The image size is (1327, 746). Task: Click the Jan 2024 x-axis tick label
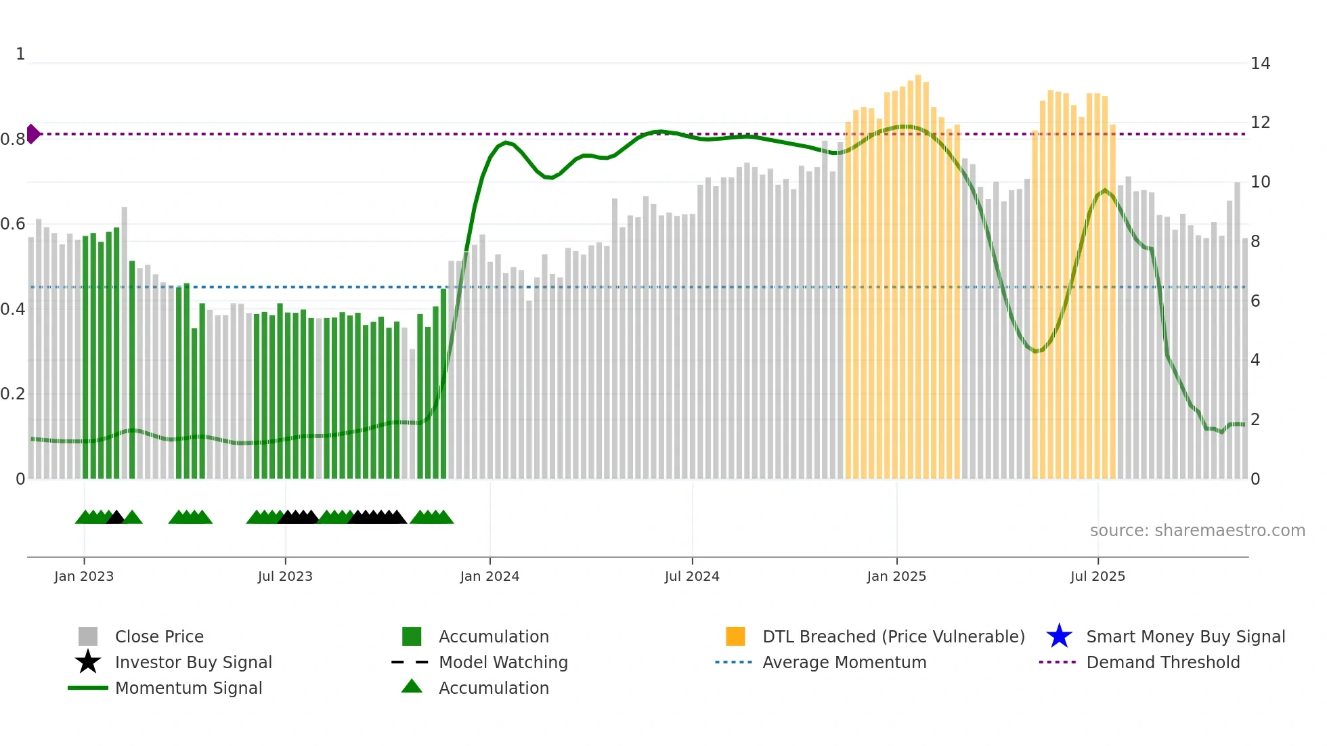(x=490, y=576)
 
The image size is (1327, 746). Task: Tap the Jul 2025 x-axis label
(x=1097, y=576)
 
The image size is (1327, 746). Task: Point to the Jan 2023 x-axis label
(x=84, y=576)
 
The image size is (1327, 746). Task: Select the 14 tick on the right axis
(x=1260, y=64)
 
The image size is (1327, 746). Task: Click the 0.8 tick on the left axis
(x=12, y=139)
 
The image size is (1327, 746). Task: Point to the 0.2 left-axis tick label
(x=12, y=394)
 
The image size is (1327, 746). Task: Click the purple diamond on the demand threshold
(x=32, y=134)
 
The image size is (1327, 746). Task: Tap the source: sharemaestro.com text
(x=1197, y=531)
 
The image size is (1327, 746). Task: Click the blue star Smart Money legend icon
(x=1059, y=636)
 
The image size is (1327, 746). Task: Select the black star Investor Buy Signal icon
(x=88, y=662)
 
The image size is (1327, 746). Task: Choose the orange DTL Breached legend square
(x=735, y=636)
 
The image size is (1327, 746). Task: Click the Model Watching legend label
(x=503, y=662)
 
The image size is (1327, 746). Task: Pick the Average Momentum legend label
(x=844, y=662)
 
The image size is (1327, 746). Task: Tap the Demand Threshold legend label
(x=1162, y=662)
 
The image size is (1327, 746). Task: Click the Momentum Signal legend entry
(x=188, y=688)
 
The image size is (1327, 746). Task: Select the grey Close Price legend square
(x=88, y=636)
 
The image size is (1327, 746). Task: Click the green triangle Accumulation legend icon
(x=412, y=686)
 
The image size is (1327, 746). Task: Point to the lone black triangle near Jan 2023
(x=116, y=518)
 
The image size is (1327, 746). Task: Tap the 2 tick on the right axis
(x=1255, y=420)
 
